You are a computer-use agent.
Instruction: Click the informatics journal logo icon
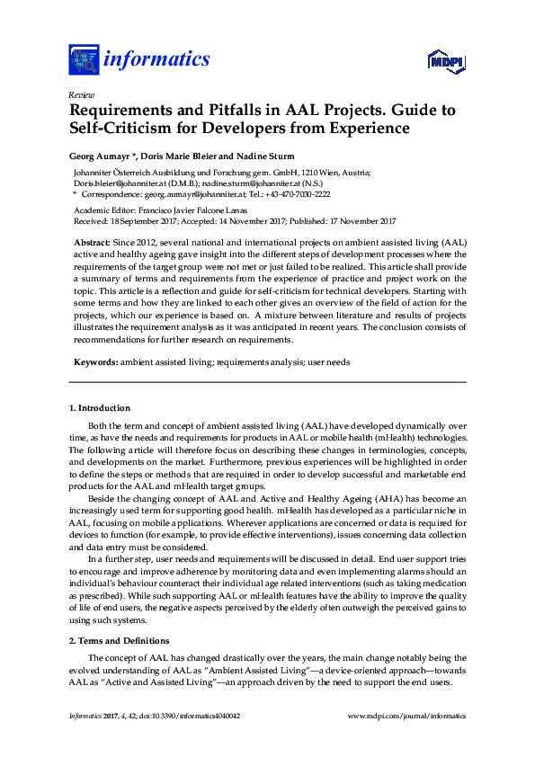point(84,59)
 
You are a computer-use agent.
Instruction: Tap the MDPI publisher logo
point(445,62)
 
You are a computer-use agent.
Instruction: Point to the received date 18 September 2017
point(144,220)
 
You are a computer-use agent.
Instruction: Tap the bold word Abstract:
point(92,244)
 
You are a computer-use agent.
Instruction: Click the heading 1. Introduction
point(100,408)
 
